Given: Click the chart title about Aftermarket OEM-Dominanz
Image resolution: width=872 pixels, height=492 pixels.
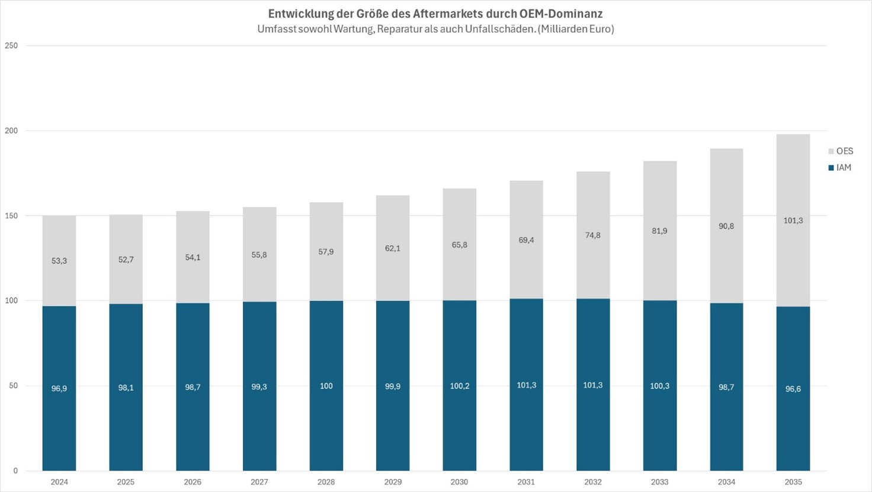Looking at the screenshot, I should pyautogui.click(x=435, y=13).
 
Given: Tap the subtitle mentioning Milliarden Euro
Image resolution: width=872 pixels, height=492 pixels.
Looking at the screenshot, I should pyautogui.click(x=435, y=29).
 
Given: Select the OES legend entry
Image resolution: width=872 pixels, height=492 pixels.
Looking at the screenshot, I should pyautogui.click(x=841, y=151).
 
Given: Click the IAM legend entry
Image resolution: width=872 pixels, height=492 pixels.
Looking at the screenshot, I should pyautogui.click(x=840, y=168).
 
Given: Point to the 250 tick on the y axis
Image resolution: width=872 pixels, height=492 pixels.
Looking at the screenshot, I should pyautogui.click(x=11, y=46).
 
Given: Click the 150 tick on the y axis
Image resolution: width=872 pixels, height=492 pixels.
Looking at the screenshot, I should pyautogui.click(x=11, y=216).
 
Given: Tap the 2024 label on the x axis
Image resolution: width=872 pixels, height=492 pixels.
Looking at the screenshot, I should pyautogui.click(x=59, y=482).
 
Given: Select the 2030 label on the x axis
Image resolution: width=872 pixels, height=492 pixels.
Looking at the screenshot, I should pyautogui.click(x=459, y=482).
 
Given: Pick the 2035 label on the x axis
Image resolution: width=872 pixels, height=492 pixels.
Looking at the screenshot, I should pyautogui.click(x=793, y=482).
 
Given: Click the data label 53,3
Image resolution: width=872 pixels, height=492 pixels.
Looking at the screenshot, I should pyautogui.click(x=59, y=261).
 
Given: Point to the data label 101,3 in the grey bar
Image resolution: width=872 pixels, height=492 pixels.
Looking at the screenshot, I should pyautogui.click(x=793, y=221).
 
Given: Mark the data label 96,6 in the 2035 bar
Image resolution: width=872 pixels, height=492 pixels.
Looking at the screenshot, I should pyautogui.click(x=793, y=389).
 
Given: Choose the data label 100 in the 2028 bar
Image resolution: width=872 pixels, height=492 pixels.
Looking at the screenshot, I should pyautogui.click(x=326, y=386).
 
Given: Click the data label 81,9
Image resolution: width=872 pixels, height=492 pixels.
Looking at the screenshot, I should pyautogui.click(x=659, y=231).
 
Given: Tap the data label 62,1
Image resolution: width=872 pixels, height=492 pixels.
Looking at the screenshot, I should pyautogui.click(x=393, y=248).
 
